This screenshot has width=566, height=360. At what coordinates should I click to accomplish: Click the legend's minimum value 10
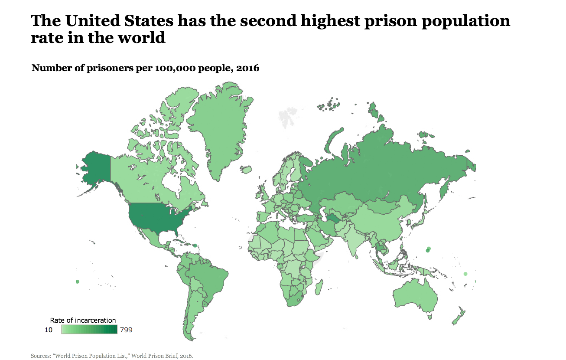(x=49, y=330)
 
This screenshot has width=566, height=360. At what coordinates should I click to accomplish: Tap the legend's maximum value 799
(x=126, y=330)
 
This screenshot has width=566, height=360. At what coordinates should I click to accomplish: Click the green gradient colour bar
(x=89, y=330)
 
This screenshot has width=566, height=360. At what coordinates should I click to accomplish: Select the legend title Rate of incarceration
(x=83, y=321)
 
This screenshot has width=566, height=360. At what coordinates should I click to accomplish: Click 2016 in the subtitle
(x=247, y=68)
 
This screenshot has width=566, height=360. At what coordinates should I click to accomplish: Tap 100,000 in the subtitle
(x=179, y=68)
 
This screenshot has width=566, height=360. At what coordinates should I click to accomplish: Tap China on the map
(x=381, y=217)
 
